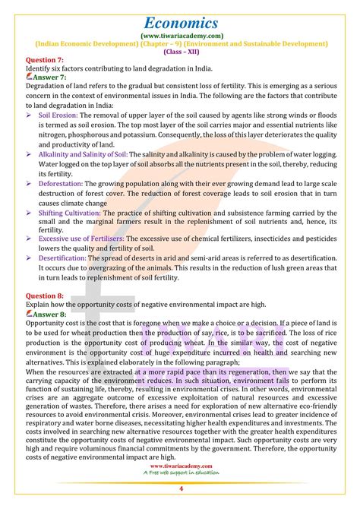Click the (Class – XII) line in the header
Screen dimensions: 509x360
point(181,53)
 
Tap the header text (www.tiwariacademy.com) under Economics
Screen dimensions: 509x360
point(181,36)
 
